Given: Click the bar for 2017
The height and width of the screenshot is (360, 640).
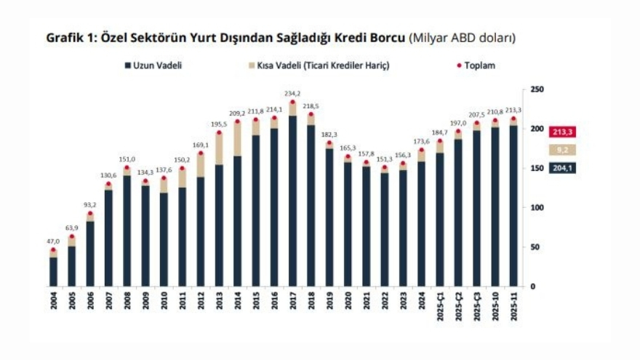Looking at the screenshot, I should coord(292,200).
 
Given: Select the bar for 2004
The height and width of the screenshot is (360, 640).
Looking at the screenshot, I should coord(53,271).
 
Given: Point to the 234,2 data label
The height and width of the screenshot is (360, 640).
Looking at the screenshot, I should coord(292,92).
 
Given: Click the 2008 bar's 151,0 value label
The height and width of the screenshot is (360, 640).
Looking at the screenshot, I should coord(127,159).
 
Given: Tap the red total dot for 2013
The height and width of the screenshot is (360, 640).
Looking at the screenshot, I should coord(219,132).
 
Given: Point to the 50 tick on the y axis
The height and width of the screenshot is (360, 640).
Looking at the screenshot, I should coord(535,247).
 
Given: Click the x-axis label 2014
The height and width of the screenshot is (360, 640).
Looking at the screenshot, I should coord(237,302).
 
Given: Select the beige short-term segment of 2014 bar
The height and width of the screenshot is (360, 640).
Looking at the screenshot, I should coord(237,139).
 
